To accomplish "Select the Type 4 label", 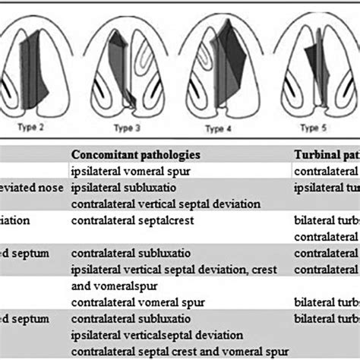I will tap(219, 128).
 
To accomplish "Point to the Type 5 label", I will tap(313, 128).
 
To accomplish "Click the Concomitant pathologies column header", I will tap(137, 154).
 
